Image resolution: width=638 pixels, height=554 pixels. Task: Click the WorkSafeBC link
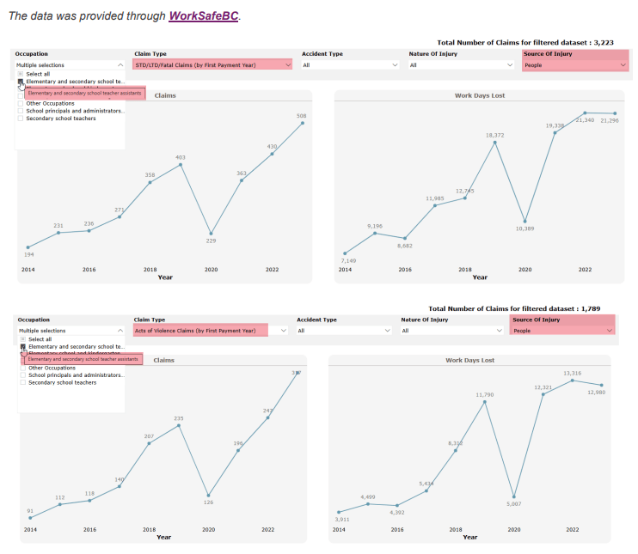pos(204,16)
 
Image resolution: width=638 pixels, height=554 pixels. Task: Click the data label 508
pos(301,116)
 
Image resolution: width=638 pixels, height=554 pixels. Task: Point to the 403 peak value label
pos(181,157)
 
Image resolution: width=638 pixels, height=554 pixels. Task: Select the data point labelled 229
pos(211,233)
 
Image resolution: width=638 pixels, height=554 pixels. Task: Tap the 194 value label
pos(28,254)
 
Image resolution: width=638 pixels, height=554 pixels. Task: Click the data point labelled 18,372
pos(494,143)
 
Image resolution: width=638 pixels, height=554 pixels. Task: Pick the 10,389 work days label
pos(525,228)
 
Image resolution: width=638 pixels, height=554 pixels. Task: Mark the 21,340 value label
pos(585,119)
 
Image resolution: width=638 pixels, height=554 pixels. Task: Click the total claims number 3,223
pos(614,41)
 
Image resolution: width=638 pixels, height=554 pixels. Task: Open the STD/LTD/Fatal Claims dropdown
pos(213,64)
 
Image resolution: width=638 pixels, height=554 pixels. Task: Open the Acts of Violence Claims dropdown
pos(201,330)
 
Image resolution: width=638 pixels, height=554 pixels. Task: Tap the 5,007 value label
pos(513,505)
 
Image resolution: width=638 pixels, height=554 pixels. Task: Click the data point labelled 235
pos(179,425)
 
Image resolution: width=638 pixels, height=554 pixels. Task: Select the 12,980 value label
pos(597,392)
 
